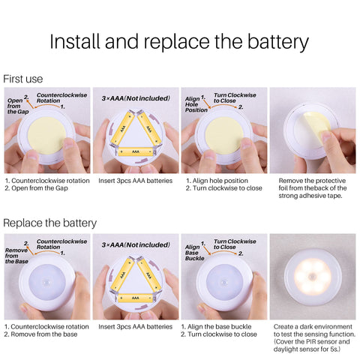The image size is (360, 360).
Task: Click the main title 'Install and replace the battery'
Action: tap(179, 42)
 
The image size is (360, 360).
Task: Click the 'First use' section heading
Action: tap(22, 79)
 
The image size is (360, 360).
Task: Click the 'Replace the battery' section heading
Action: tap(49, 223)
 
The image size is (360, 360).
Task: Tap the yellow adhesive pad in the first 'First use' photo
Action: tap(47, 136)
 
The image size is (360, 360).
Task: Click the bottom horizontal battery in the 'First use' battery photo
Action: tap(135, 151)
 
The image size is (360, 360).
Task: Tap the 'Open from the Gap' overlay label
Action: tap(18, 106)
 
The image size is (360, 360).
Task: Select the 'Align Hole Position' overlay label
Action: tap(196, 104)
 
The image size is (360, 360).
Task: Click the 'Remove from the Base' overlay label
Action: tap(16, 256)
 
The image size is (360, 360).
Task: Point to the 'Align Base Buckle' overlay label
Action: tap(195, 253)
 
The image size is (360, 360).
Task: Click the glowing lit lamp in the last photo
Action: tap(313, 277)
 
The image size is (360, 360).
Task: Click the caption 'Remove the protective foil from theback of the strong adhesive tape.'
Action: tap(313, 188)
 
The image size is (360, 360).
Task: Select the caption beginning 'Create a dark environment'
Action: tap(314, 338)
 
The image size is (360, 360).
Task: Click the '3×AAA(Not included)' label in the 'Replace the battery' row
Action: tap(136, 244)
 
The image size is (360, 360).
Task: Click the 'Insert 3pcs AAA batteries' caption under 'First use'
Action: tap(135, 181)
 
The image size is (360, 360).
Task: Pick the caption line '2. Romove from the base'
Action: tap(40, 334)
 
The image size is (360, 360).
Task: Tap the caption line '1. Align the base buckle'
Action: tap(216, 327)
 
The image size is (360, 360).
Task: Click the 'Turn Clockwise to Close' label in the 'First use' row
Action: tap(235, 97)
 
